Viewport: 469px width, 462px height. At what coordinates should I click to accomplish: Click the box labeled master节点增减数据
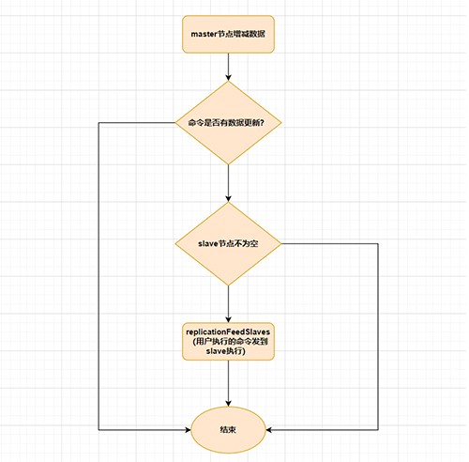228,34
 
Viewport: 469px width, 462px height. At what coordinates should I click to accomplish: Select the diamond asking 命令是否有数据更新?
228,123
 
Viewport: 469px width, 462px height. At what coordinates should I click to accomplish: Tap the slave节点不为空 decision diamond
228,243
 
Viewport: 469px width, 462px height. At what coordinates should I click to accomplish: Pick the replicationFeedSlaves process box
228,341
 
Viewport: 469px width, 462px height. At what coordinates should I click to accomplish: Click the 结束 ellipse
228,430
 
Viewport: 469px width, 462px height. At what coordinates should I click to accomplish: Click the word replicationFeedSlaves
228,331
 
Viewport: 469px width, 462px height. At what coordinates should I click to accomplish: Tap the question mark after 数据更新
262,123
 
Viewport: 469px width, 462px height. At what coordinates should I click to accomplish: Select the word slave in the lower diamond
207,243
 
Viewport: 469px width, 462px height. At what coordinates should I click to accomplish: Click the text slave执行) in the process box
226,351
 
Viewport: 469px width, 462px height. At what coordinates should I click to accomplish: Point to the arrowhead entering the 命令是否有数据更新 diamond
228,78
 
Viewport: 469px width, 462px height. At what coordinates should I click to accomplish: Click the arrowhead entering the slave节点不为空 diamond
228,198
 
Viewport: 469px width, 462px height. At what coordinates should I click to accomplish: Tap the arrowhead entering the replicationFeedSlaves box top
228,319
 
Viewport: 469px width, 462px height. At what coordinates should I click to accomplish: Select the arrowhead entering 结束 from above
228,403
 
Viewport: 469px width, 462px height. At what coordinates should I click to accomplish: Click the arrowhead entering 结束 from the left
188,430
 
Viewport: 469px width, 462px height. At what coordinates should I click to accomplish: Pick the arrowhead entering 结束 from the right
269,430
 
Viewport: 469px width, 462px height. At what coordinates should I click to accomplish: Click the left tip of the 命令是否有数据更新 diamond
175,123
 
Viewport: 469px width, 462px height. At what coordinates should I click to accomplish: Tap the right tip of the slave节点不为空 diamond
281,243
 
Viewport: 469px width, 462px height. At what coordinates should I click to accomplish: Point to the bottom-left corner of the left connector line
98,430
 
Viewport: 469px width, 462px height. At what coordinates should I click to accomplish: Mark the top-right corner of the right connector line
378,243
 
